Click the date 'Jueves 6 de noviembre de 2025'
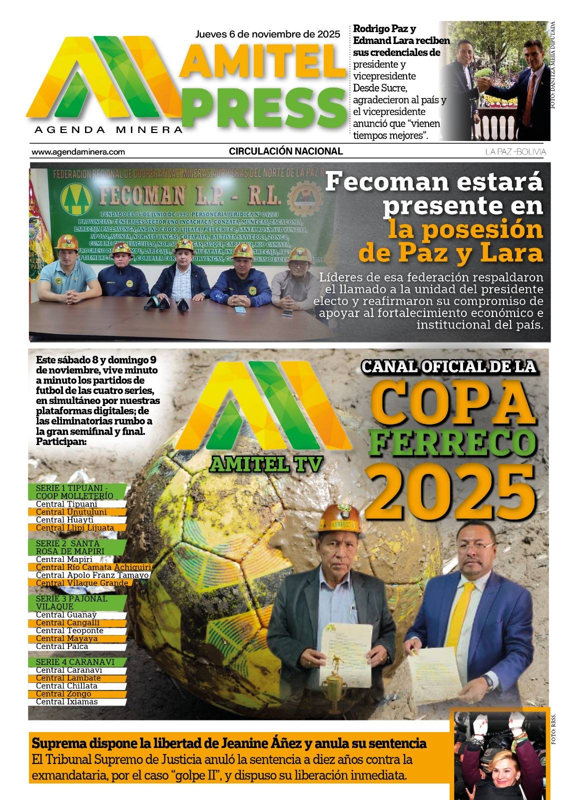(x=267, y=34)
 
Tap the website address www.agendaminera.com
(x=78, y=152)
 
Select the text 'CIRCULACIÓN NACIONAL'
(x=286, y=151)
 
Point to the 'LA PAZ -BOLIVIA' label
(x=516, y=152)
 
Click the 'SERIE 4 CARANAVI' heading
(x=75, y=662)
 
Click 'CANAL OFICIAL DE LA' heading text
(x=449, y=366)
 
